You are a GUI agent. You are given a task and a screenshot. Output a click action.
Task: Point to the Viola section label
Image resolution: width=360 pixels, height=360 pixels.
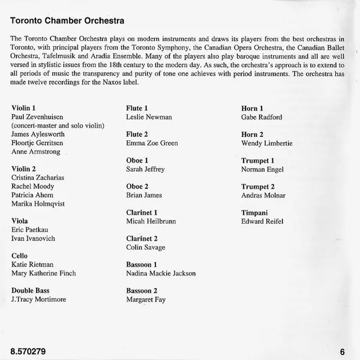(21, 221)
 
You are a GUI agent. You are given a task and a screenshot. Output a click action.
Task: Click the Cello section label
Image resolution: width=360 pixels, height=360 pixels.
(20, 256)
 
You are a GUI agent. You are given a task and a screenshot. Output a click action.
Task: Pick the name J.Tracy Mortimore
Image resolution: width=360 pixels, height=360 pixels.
(39, 299)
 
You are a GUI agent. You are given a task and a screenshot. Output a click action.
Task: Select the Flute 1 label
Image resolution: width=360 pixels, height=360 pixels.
(137, 108)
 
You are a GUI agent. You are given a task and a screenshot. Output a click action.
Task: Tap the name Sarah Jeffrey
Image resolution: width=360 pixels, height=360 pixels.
(145, 169)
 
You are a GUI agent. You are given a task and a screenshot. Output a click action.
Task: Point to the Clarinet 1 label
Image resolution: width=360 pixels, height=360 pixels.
(142, 212)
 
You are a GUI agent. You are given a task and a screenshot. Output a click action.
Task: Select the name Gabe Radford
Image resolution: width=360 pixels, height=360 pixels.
(262, 117)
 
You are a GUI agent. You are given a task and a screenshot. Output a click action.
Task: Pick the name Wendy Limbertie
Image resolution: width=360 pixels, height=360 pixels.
(266, 143)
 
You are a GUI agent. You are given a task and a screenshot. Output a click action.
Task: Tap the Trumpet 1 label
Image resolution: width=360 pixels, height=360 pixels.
(258, 160)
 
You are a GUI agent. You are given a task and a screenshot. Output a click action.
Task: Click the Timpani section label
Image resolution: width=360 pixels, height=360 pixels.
(255, 212)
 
